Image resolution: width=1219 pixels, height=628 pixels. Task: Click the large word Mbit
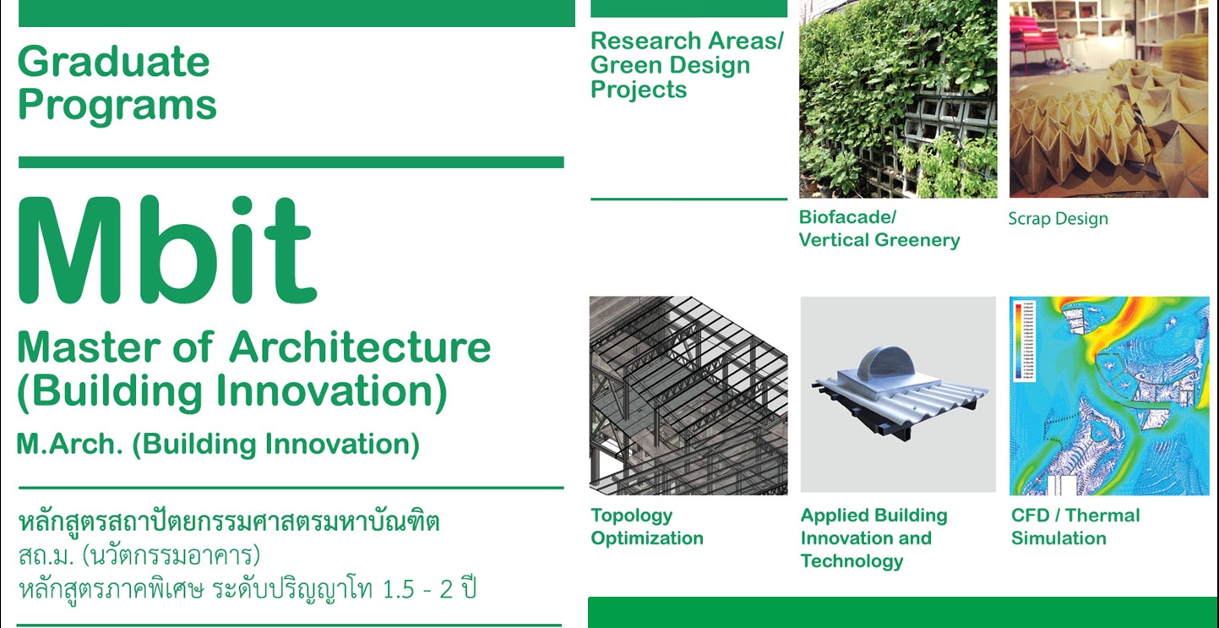point(167,250)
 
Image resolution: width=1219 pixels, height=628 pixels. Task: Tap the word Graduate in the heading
point(114,62)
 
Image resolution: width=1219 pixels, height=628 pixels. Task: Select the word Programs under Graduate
point(117,105)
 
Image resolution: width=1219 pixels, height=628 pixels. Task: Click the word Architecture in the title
point(360,347)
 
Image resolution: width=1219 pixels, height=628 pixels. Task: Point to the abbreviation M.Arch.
point(70,444)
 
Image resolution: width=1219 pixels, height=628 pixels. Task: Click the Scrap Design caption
point(1058,219)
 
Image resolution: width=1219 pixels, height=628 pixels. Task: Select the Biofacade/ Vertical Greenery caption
point(879,228)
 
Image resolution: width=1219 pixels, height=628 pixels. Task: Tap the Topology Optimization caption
point(647,527)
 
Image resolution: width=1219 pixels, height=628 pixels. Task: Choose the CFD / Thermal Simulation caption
point(1075,527)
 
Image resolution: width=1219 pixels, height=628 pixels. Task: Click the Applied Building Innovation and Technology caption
point(874,538)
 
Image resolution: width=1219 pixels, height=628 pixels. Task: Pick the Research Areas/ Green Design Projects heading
point(687,65)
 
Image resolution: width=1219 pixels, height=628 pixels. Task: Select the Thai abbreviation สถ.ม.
point(46,556)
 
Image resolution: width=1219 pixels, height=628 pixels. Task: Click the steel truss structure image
point(688,396)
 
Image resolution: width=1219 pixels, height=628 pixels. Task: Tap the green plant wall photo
point(898,99)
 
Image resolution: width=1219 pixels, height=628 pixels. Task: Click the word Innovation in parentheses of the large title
point(332,391)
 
